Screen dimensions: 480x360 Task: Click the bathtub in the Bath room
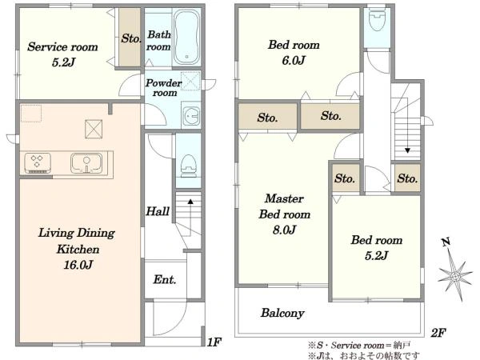(x=186, y=38)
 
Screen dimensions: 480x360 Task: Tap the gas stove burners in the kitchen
(x=38, y=162)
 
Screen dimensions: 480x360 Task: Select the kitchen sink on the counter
(x=86, y=163)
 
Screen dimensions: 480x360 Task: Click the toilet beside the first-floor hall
(x=188, y=166)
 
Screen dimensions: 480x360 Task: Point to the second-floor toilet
(x=377, y=20)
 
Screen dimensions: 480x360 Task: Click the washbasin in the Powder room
(x=191, y=116)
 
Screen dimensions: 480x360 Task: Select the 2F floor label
(x=438, y=333)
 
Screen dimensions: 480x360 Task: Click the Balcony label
(x=282, y=313)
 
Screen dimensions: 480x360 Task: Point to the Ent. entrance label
(x=165, y=279)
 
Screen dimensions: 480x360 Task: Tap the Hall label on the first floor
(x=158, y=211)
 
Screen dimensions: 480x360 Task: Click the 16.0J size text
(x=78, y=265)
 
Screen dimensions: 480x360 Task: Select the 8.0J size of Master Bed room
(x=284, y=230)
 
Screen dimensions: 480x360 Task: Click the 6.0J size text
(x=294, y=60)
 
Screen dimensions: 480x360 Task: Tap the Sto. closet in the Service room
(x=130, y=38)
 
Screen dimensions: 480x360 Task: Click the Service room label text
(x=62, y=47)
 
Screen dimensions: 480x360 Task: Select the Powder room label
(x=164, y=87)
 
